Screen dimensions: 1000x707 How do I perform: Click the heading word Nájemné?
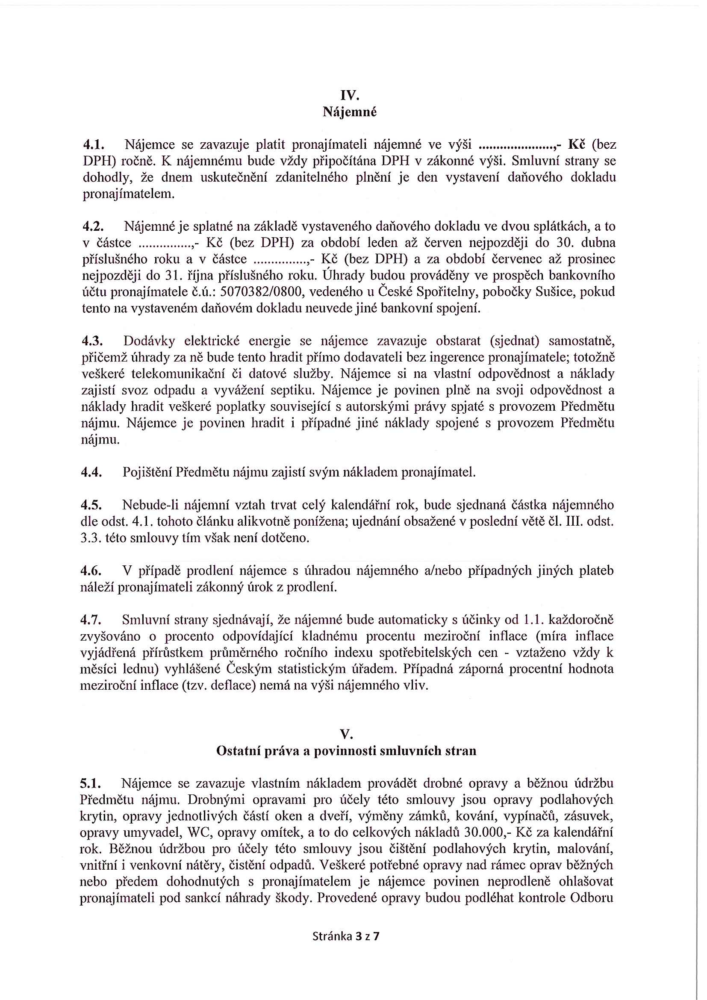coord(349,112)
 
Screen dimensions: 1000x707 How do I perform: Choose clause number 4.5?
coord(91,505)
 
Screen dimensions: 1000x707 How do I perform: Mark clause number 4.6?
coord(91,571)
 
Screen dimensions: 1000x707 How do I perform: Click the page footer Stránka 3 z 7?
coord(345,936)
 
